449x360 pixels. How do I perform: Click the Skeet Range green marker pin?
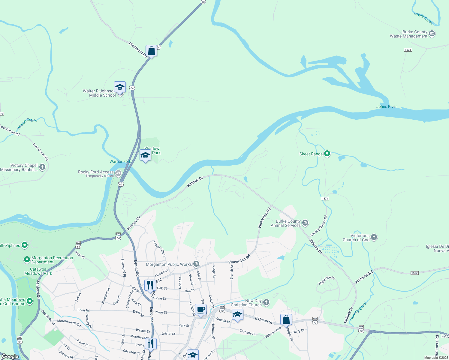pyautogui.click(x=327, y=154)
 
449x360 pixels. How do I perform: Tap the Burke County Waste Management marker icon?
pyautogui.click(x=432, y=34)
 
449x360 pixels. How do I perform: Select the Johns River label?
pyautogui.click(x=386, y=106)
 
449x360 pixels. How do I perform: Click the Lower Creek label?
pyautogui.click(x=423, y=18)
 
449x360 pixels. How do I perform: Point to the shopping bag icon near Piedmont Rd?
pyautogui.click(x=151, y=51)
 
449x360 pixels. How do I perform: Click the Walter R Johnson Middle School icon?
pyautogui.click(x=120, y=87)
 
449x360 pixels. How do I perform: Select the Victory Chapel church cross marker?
pyautogui.click(x=42, y=167)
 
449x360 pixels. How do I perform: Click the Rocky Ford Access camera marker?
pyautogui.click(x=118, y=173)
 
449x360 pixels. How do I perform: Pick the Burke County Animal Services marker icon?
pyautogui.click(x=305, y=223)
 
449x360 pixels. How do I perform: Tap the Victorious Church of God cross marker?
pyautogui.click(x=374, y=237)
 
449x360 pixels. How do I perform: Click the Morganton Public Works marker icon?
pyautogui.click(x=196, y=264)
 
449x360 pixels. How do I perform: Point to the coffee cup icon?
pyautogui.click(x=200, y=310)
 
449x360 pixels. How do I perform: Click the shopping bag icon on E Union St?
pyautogui.click(x=286, y=319)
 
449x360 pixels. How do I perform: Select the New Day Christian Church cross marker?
pyautogui.click(x=266, y=302)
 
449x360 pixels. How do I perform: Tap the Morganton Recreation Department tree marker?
pyautogui.click(x=27, y=259)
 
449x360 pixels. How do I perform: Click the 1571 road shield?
pyautogui.click(x=325, y=199)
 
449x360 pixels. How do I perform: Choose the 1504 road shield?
pyautogui.click(x=408, y=50)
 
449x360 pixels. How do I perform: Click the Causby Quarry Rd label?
pyautogui.click(x=319, y=226)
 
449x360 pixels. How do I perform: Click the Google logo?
pyautogui.click(x=10, y=356)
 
